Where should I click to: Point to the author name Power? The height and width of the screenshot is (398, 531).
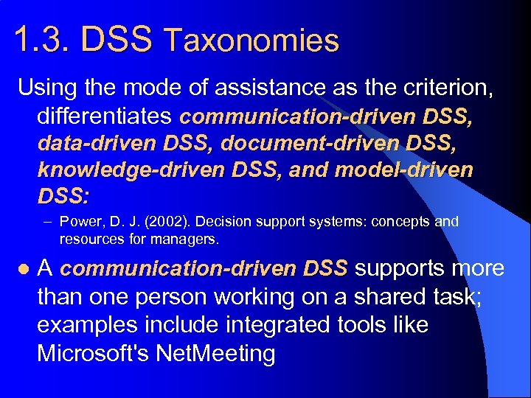coord(79,222)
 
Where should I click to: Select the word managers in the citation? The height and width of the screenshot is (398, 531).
coord(190,240)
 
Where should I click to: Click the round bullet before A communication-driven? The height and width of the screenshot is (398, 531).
coord(23,270)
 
